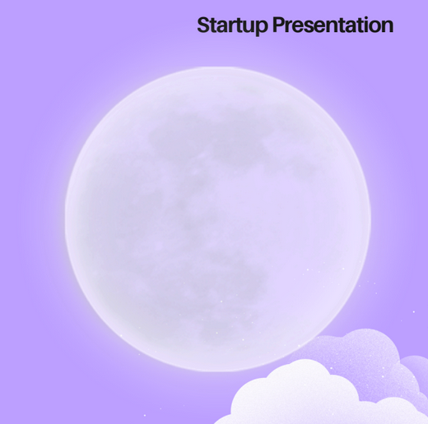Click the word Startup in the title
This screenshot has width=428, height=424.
(232, 25)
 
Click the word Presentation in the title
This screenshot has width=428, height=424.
(333, 25)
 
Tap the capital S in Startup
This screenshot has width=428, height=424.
(204, 25)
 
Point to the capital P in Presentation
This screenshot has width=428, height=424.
(279, 25)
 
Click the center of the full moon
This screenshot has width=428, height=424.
(218, 219)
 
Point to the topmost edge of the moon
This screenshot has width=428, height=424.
(218, 67)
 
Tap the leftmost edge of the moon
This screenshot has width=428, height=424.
(65, 219)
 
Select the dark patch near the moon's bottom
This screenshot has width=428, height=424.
(233, 285)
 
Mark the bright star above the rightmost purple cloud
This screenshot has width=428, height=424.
(414, 311)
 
